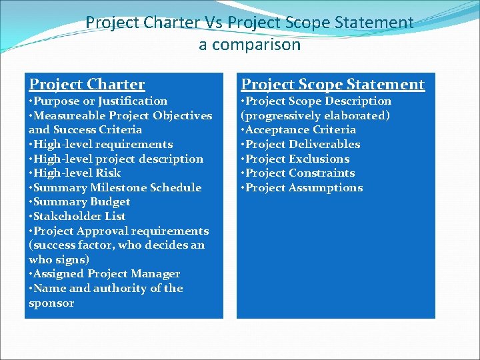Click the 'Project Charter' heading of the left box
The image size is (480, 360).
tap(87, 84)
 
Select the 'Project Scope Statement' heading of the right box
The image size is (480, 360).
tap(332, 84)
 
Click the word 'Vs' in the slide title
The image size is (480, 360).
tap(213, 22)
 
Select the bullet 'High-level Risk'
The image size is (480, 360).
tap(77, 173)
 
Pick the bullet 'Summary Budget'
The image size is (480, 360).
tap(81, 201)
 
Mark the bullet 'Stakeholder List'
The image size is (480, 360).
tap(79, 216)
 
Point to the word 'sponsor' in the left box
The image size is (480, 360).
tap(51, 303)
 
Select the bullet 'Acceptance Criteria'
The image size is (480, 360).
tap(300, 129)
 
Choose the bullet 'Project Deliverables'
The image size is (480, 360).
tap(302, 144)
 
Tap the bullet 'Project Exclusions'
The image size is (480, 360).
tap(297, 159)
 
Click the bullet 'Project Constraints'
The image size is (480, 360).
tap(299, 173)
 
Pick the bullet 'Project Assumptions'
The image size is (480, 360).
tap(303, 187)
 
